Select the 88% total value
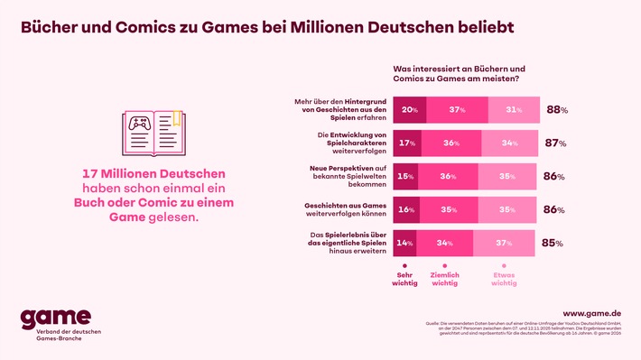tap(556, 110)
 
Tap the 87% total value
tap(556, 143)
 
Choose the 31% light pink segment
tap(514, 110)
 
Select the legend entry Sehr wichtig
tap(404, 279)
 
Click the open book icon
tap(151, 130)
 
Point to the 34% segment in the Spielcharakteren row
tap(510, 143)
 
